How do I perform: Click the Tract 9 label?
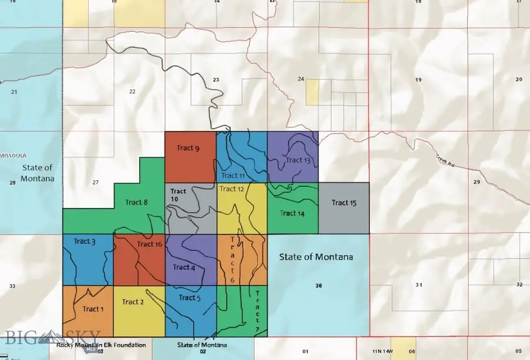(x=188, y=148)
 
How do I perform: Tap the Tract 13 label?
(x=297, y=160)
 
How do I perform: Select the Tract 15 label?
(x=344, y=203)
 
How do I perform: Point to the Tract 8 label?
(x=137, y=202)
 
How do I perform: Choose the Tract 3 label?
(x=85, y=241)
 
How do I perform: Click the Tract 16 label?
(x=150, y=244)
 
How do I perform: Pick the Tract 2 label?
(x=133, y=302)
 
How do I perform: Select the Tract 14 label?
(x=292, y=213)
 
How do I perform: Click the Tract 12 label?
(x=231, y=189)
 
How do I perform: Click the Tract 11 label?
(x=233, y=176)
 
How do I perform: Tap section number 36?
(x=319, y=286)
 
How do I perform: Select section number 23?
(x=216, y=80)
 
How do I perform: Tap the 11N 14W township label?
(x=385, y=351)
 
